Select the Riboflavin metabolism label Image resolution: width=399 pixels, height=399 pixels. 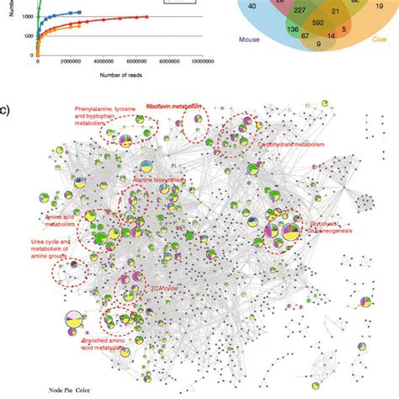pyautogui.click(x=173, y=108)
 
